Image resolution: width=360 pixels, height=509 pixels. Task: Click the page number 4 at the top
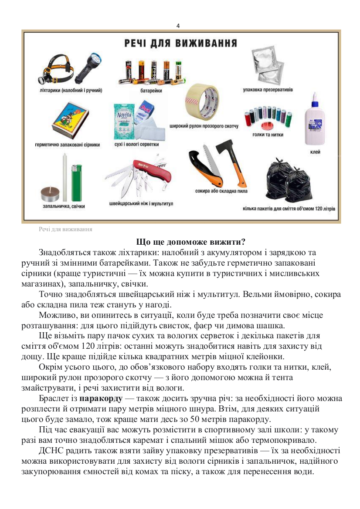tap(178, 25)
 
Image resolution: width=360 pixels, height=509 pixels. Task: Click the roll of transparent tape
tap(202, 103)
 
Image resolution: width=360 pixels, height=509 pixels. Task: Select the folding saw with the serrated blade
tap(209, 168)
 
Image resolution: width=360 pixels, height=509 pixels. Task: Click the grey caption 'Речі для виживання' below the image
tap(65, 229)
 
